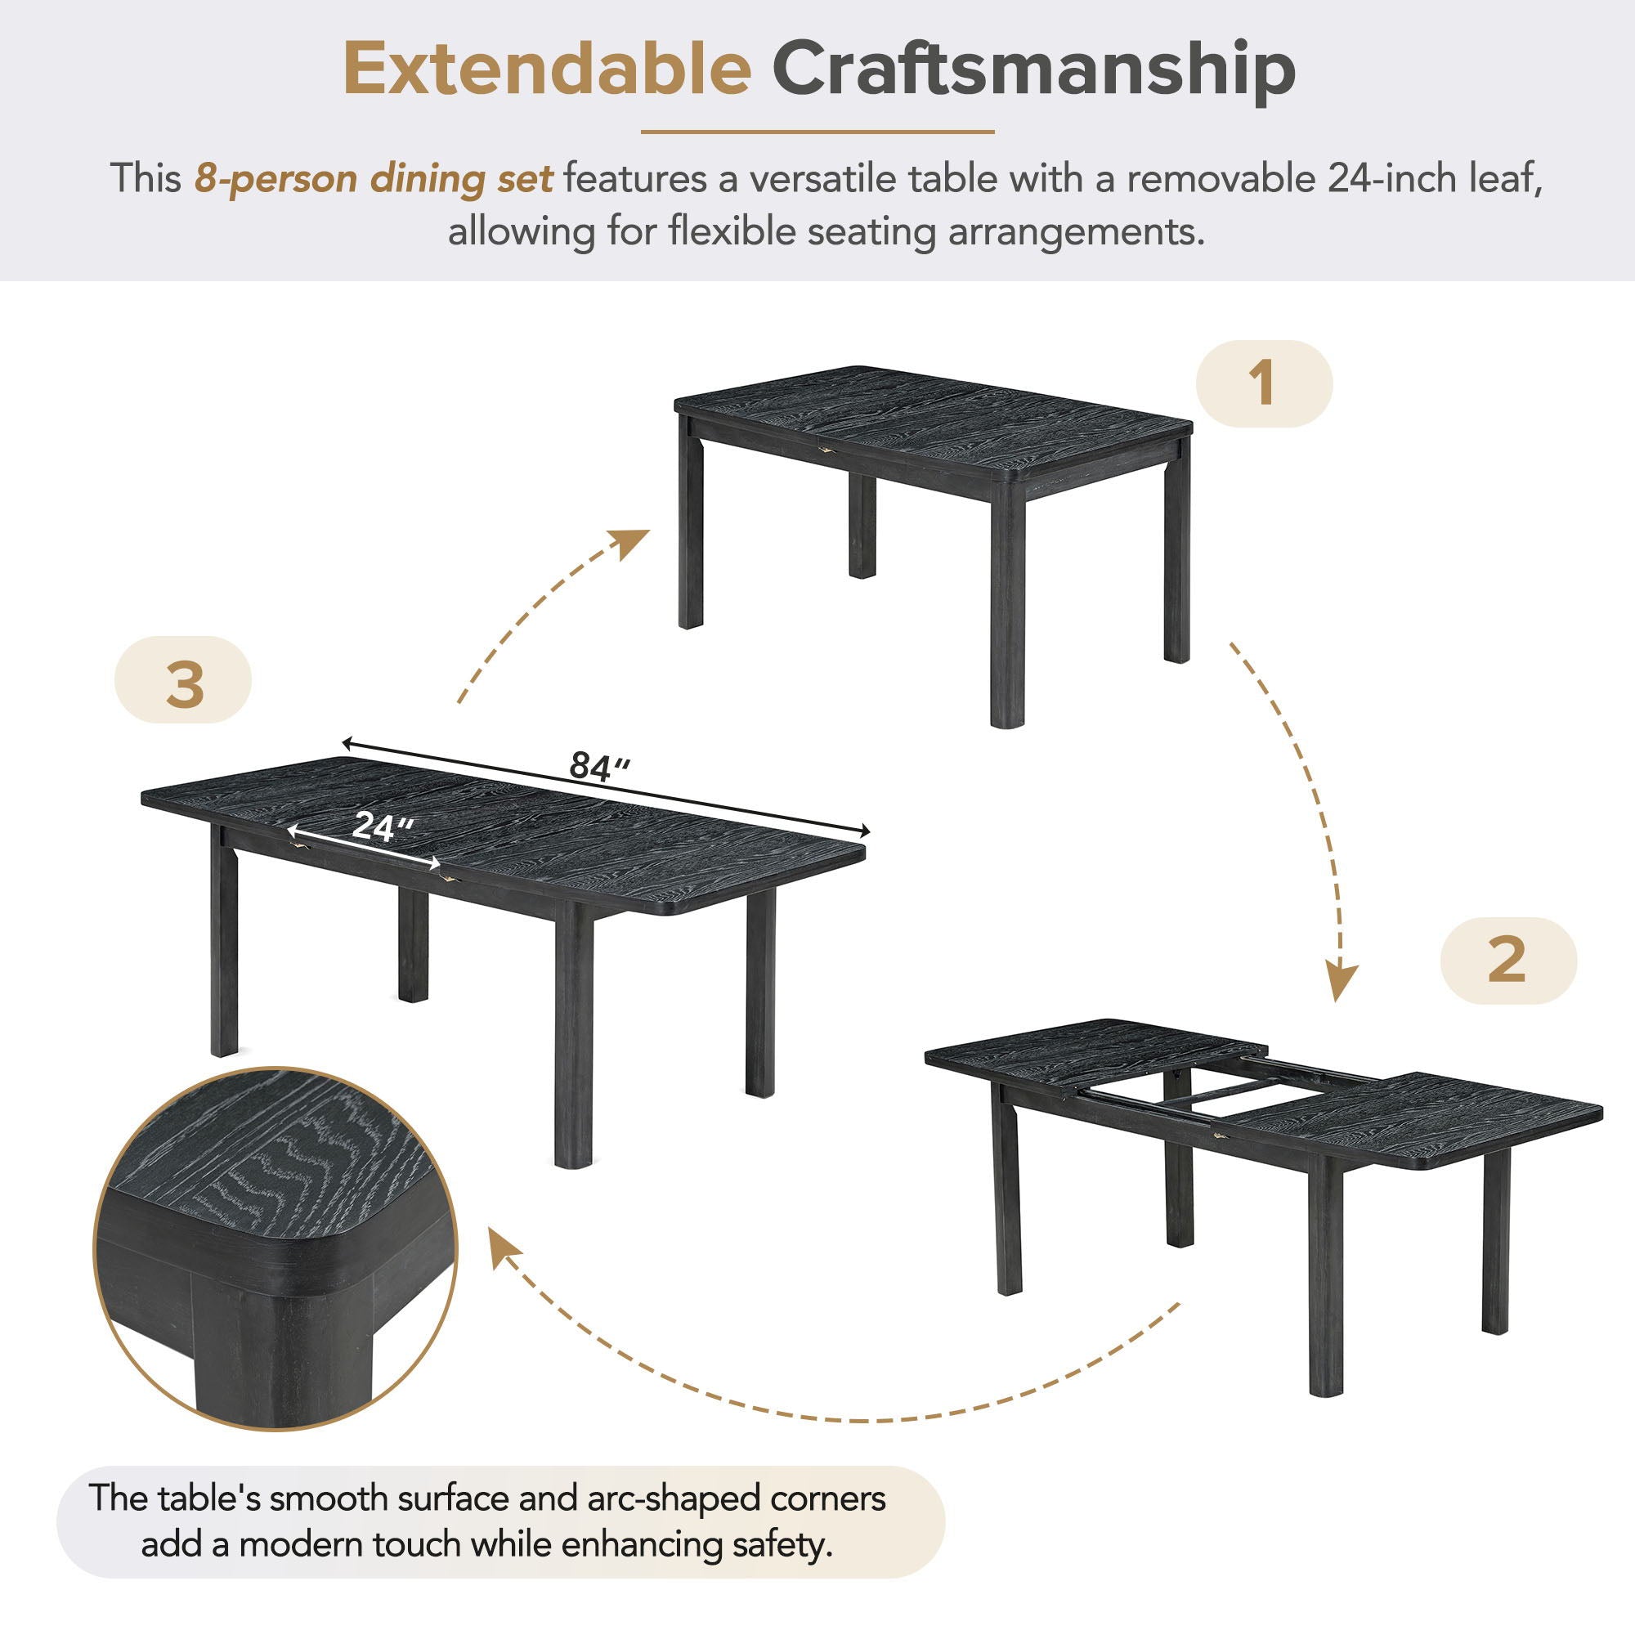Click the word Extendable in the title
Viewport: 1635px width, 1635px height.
(547, 71)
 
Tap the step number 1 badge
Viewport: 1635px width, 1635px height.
(1264, 383)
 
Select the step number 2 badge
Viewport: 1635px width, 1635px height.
(1507, 961)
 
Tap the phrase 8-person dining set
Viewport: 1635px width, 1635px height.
(374, 178)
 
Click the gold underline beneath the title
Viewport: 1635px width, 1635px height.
(817, 132)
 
